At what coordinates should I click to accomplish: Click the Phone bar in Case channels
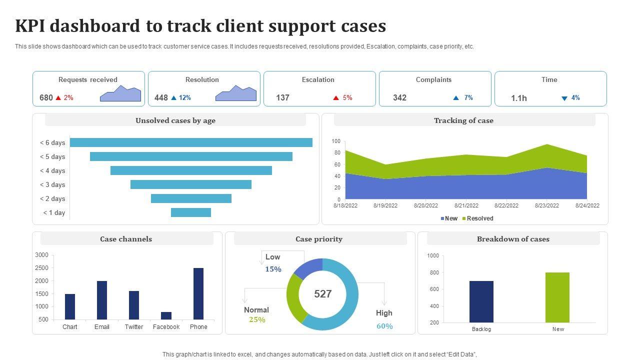(198, 294)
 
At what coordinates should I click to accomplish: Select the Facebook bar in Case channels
(166, 315)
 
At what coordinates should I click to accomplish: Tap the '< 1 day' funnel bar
(191, 212)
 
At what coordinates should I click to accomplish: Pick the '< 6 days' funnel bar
(191, 142)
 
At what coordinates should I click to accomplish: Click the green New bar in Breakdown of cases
(557, 297)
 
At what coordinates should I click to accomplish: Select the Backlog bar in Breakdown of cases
(481, 301)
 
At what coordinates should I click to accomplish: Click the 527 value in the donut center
(323, 294)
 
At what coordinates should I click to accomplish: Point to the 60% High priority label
(384, 326)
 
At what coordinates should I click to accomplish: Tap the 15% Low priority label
(273, 269)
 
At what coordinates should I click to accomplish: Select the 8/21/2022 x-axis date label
(466, 205)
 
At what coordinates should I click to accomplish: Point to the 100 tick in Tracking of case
(336, 141)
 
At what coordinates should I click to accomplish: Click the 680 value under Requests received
(46, 97)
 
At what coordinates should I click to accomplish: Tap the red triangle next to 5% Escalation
(336, 98)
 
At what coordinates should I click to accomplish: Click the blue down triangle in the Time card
(564, 98)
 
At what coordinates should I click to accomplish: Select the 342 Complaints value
(399, 97)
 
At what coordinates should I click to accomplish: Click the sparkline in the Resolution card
(236, 94)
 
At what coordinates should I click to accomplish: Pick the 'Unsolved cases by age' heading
(175, 120)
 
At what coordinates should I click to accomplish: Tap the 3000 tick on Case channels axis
(42, 255)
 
